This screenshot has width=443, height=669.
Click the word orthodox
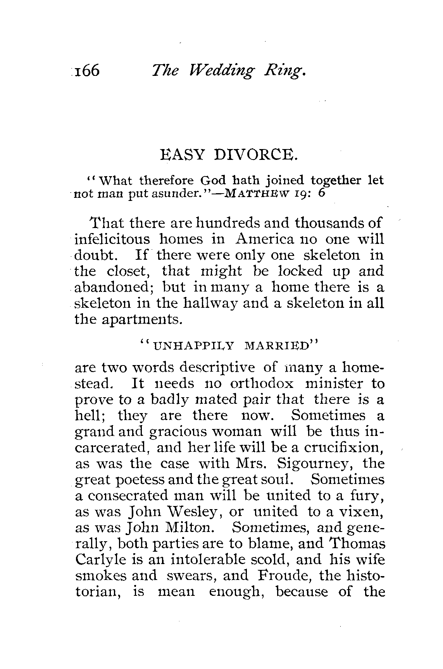point(262,384)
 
